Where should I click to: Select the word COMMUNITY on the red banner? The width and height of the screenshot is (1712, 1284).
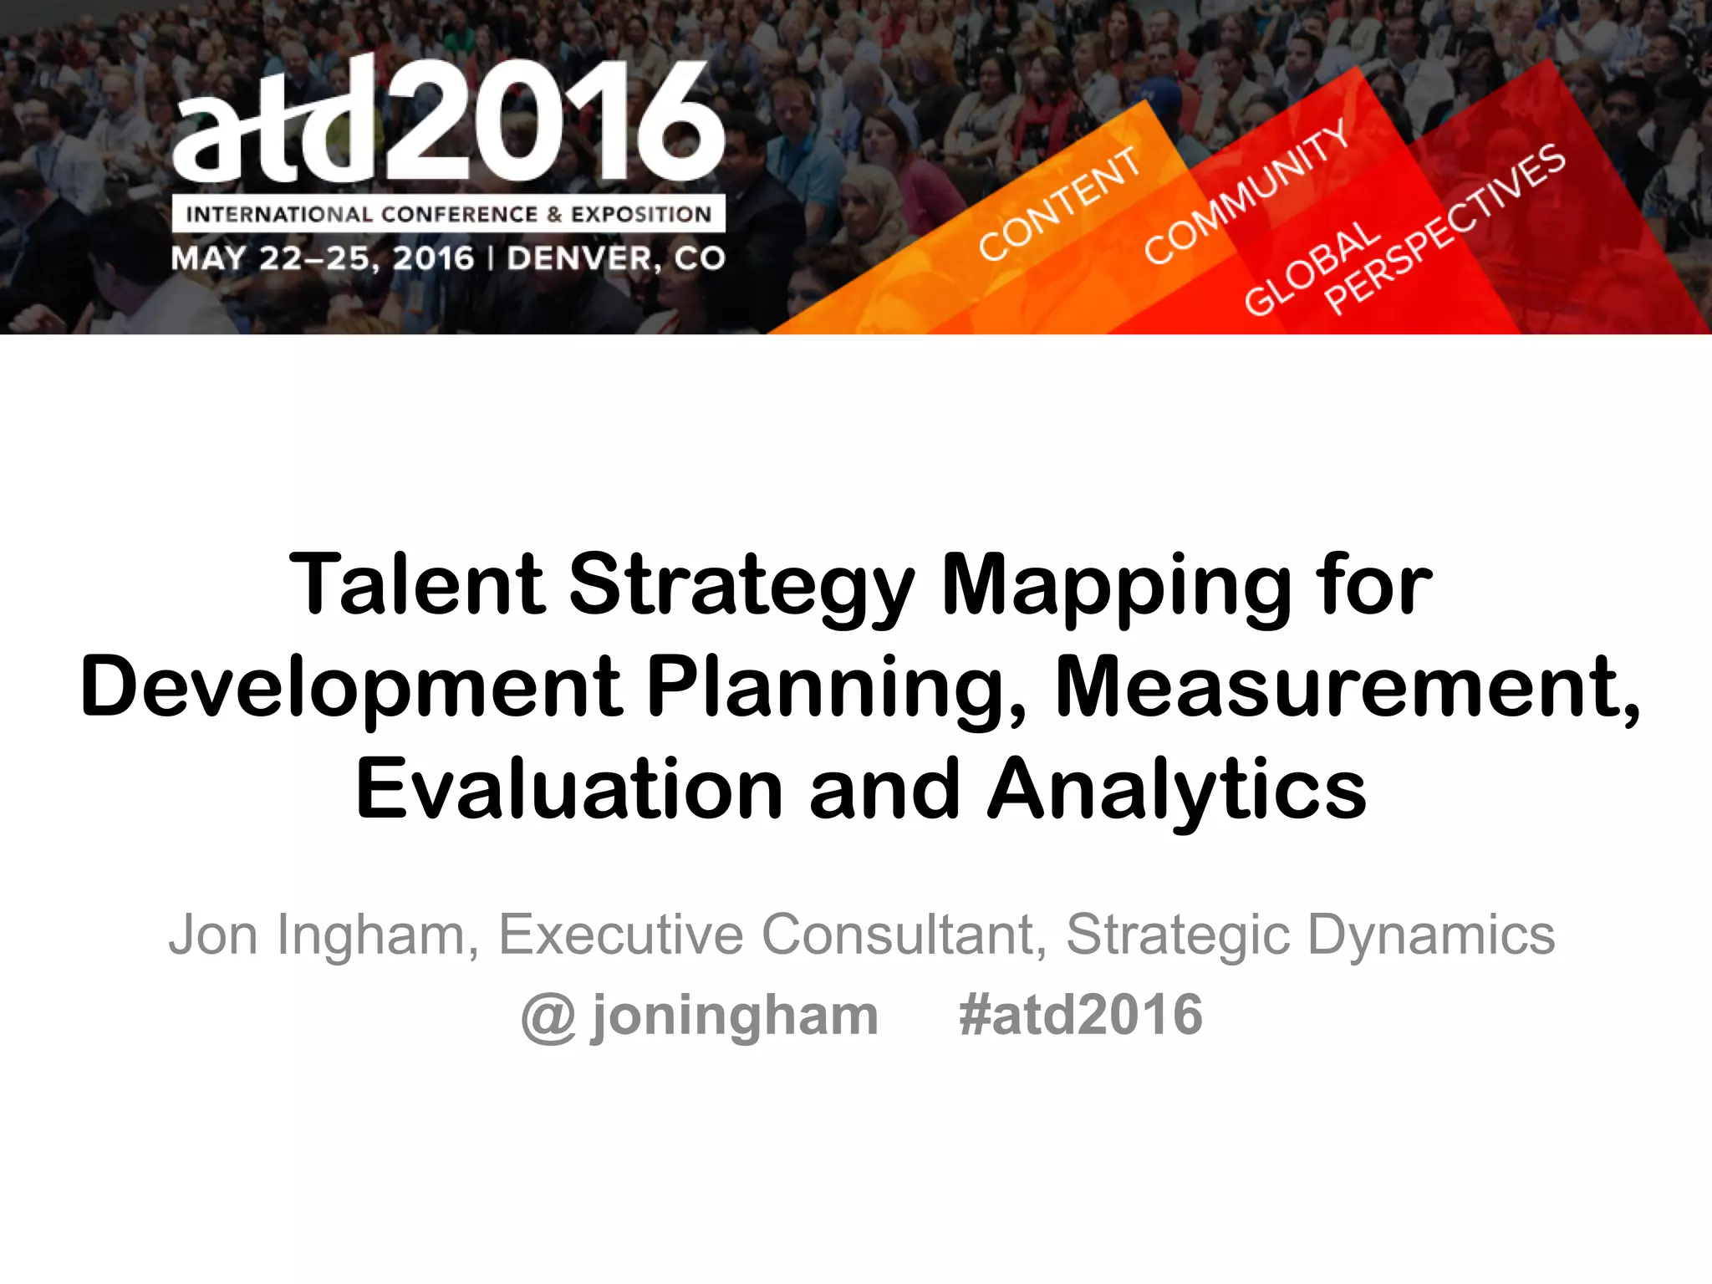(1246, 192)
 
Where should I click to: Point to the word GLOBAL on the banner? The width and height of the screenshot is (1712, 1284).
(1311, 269)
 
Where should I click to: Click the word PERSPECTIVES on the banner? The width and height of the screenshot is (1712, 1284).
(1444, 230)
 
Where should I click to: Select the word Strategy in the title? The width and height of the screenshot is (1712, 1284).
(741, 588)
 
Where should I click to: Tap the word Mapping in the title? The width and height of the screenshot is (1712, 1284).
(1115, 588)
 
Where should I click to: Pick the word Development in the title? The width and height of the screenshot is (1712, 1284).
(351, 688)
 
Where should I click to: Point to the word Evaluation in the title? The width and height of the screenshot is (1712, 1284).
(569, 789)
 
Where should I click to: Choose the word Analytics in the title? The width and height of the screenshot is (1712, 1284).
(1176, 791)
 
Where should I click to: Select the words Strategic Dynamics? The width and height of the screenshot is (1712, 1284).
(1310, 935)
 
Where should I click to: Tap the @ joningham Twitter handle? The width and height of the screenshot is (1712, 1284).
(700, 1016)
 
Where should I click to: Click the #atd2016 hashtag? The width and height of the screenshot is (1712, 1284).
(1081, 1015)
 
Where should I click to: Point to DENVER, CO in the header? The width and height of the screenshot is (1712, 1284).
(616, 258)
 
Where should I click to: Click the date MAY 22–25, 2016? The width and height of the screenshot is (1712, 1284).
(323, 258)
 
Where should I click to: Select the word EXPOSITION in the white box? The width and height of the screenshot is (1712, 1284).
(641, 215)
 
